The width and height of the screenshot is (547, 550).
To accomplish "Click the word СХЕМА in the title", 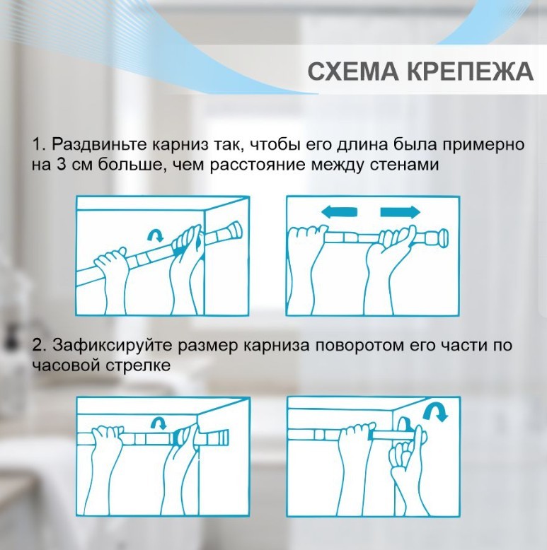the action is pyautogui.click(x=353, y=71).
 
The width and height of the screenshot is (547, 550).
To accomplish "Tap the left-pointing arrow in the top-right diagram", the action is pyautogui.click(x=339, y=212).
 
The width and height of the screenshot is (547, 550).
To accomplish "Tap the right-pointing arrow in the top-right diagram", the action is pyautogui.click(x=401, y=212).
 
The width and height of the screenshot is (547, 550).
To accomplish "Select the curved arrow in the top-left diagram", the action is pyautogui.click(x=156, y=235).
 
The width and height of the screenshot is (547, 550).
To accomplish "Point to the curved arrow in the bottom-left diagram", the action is pyautogui.click(x=159, y=423).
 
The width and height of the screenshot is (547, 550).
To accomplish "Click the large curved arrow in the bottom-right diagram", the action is pyautogui.click(x=436, y=412).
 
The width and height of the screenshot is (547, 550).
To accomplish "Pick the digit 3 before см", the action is pyautogui.click(x=62, y=165).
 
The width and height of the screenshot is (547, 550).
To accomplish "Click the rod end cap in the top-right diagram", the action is pyautogui.click(x=444, y=236).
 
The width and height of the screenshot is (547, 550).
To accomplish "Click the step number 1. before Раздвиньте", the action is pyautogui.click(x=40, y=144).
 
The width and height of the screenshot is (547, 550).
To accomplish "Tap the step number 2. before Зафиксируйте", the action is pyautogui.click(x=40, y=345).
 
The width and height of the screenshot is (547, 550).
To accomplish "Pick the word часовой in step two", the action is pyautogui.click(x=67, y=365).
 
